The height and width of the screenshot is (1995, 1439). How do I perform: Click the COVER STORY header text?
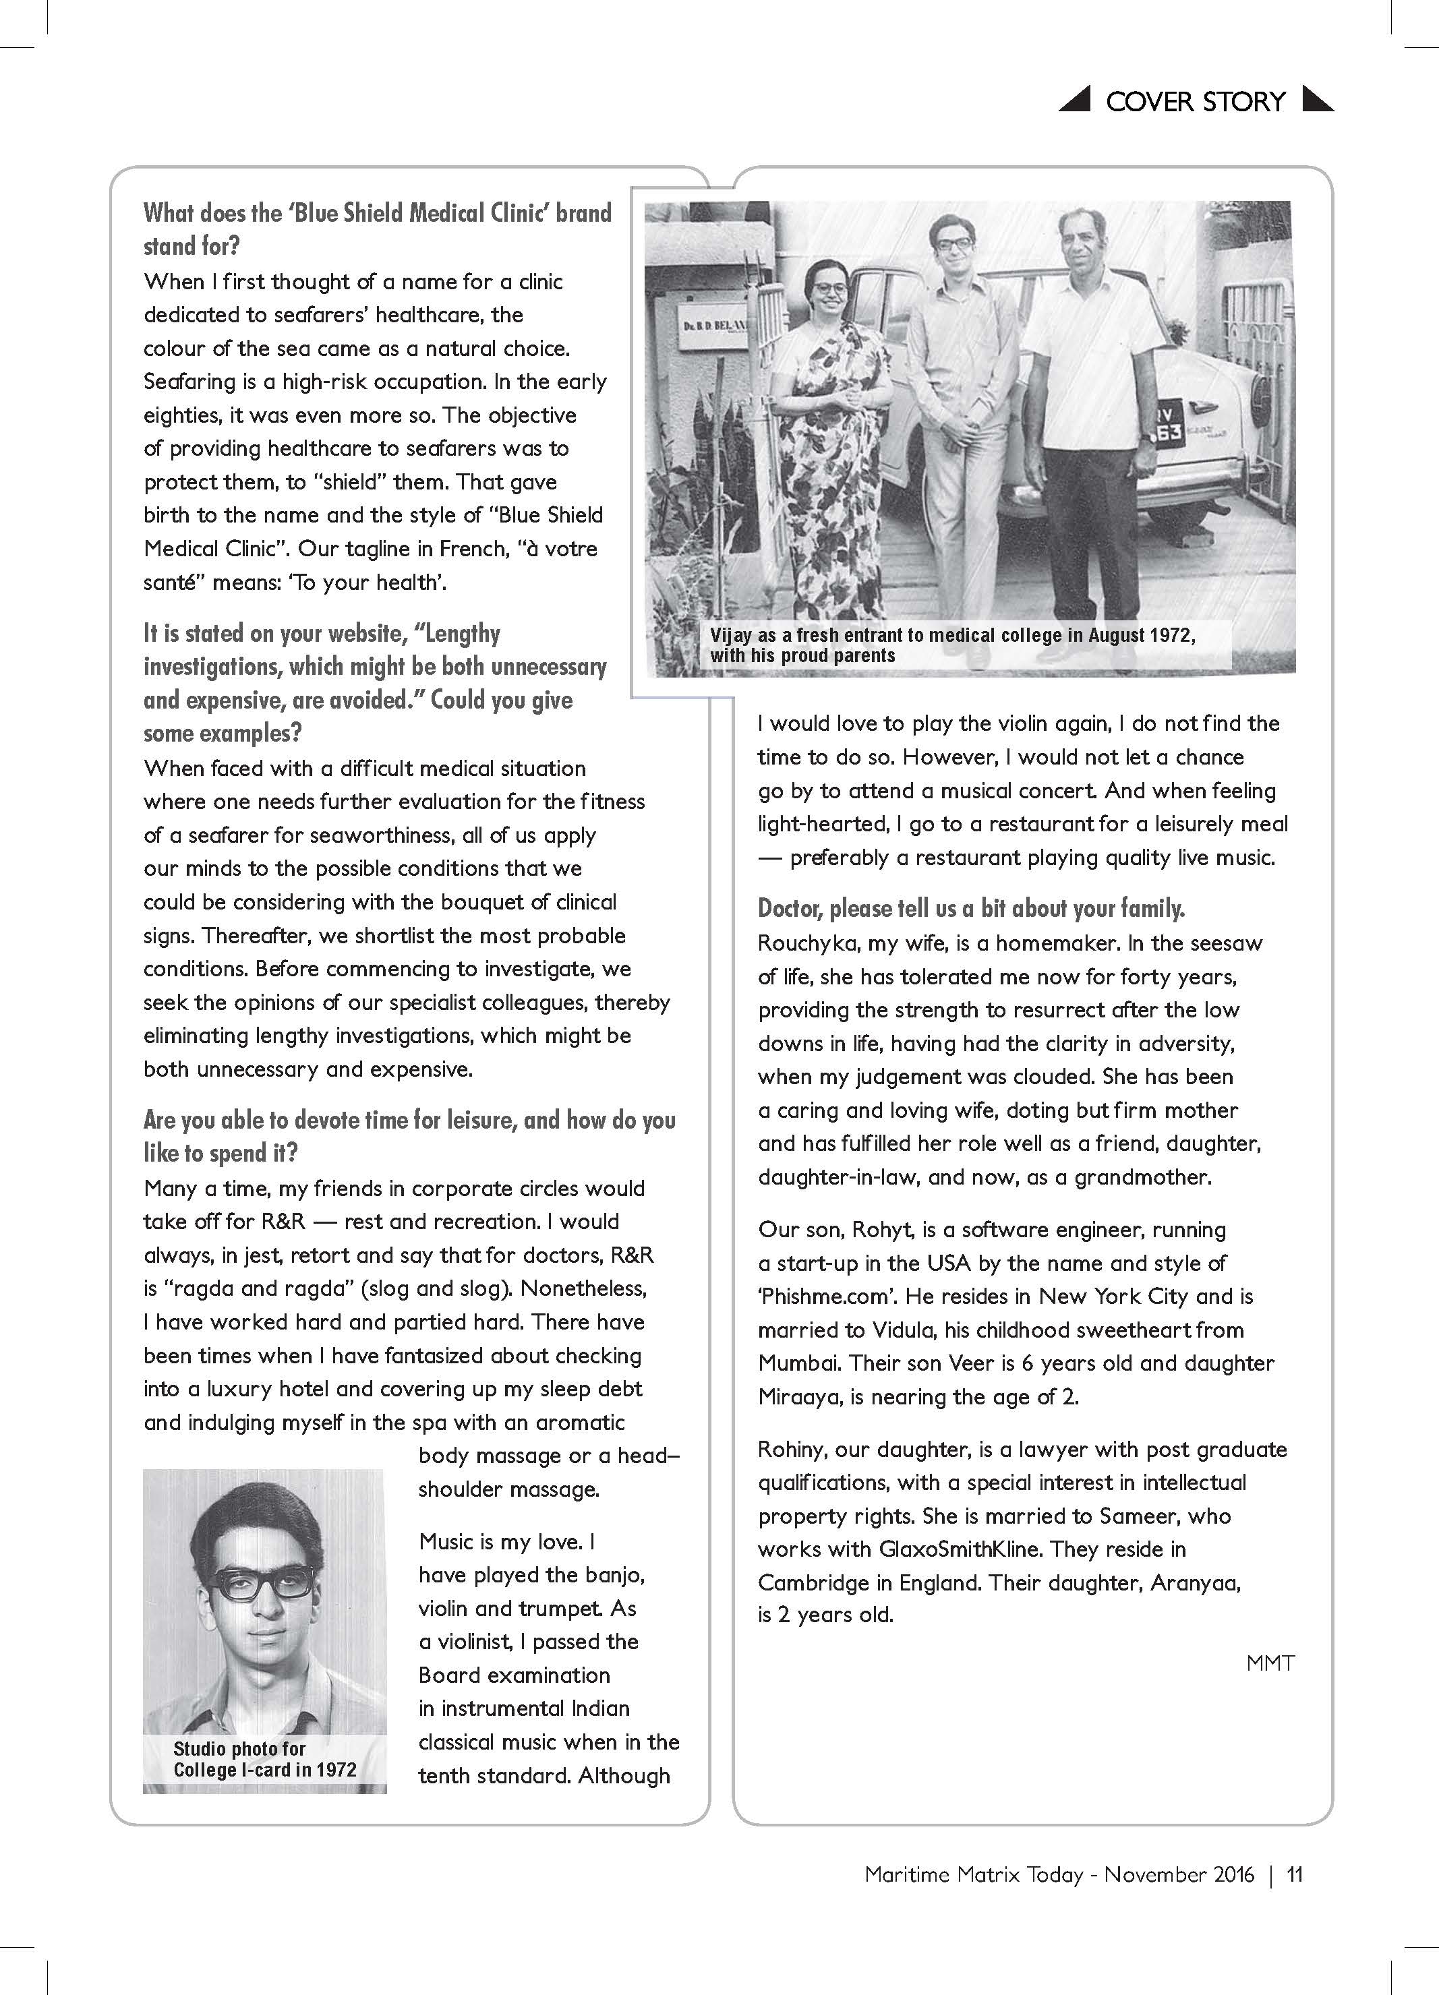click(1196, 101)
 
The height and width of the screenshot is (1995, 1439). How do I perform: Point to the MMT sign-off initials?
click(1270, 1663)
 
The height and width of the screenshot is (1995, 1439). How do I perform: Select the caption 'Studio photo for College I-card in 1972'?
click(264, 1759)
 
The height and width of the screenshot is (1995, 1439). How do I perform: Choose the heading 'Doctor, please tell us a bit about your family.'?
click(971, 907)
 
